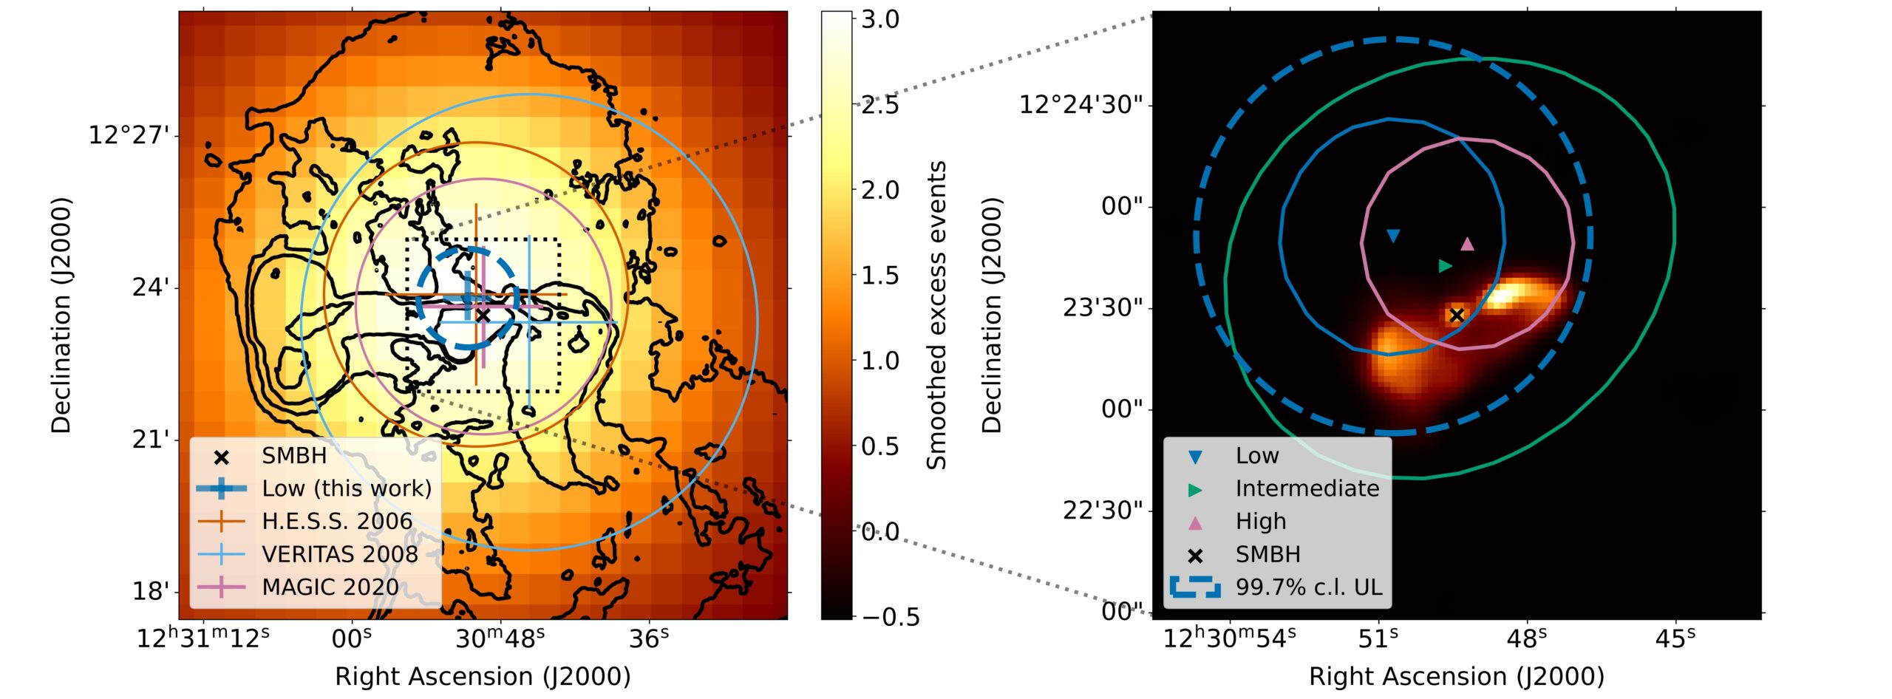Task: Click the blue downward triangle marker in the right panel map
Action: coord(1393,236)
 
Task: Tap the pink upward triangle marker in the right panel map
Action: coord(1468,244)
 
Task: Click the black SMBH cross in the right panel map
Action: coord(1457,315)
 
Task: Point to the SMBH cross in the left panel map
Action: coord(483,316)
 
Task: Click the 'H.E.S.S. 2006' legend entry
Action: coord(337,522)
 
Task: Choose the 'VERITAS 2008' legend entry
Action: coord(340,554)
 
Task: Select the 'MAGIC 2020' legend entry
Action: coord(330,587)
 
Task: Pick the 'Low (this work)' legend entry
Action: coord(347,488)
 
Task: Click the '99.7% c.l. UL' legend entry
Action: coord(1308,587)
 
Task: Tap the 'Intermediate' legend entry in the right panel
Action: coord(1307,488)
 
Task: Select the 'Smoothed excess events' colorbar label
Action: coord(937,316)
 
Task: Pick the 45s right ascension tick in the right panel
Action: coord(1675,638)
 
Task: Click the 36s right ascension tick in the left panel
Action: coord(649,638)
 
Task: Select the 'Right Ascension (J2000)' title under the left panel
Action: coord(483,677)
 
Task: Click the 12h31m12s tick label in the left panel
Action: coord(203,638)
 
